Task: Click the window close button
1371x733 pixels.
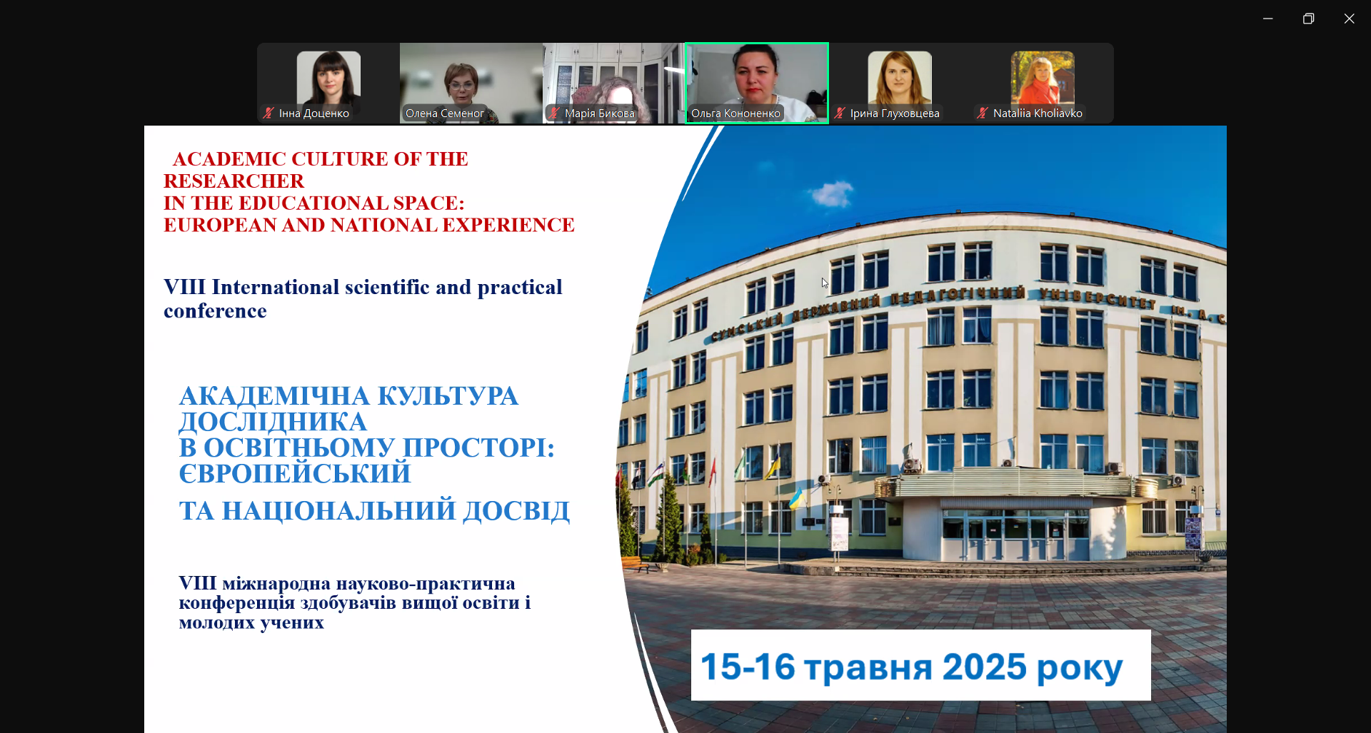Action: tap(1349, 19)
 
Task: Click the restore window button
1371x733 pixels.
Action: tap(1308, 19)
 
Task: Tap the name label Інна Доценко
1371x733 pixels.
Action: tap(314, 113)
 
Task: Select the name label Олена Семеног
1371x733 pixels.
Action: tap(445, 113)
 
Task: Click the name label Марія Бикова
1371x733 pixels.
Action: tap(600, 113)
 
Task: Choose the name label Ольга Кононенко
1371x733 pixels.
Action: tap(735, 113)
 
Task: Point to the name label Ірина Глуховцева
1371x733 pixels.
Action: tap(895, 113)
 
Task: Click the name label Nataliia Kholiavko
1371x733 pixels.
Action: tap(1038, 113)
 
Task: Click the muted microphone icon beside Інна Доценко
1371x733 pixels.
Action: tap(268, 113)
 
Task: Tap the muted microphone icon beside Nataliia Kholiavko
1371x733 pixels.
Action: tap(983, 113)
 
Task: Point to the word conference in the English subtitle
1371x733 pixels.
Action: tap(215, 311)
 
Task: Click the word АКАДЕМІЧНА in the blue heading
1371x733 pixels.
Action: tap(274, 396)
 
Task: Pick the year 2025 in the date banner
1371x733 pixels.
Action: tap(985, 667)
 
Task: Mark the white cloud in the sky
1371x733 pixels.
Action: tap(831, 193)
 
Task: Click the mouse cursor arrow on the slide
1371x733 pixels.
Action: tap(825, 283)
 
